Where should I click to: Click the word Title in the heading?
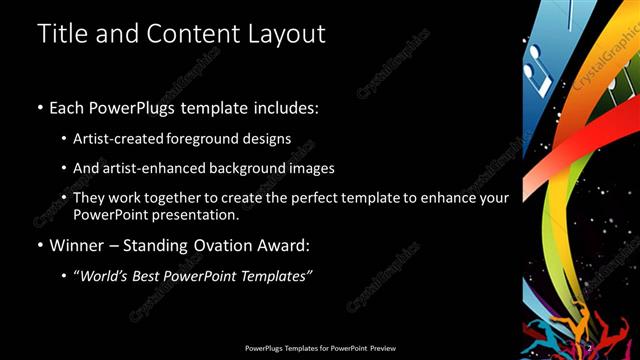(x=63, y=33)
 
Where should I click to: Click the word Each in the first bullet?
(x=67, y=107)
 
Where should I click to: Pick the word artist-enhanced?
(x=155, y=168)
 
